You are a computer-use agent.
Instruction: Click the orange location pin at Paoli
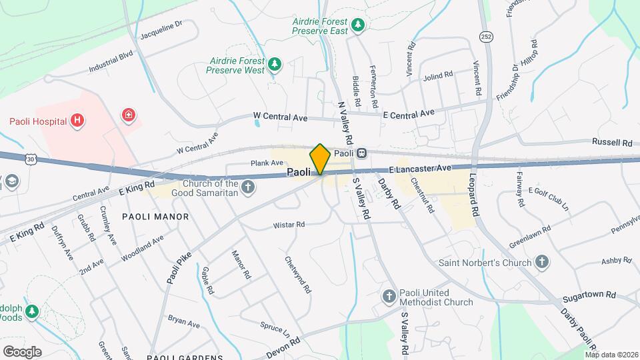tap(320, 159)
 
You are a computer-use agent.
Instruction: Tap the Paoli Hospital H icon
tap(78, 121)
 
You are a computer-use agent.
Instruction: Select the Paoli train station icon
tap(361, 153)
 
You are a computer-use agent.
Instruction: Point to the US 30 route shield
tap(30, 157)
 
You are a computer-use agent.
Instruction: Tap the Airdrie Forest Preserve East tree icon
tap(359, 25)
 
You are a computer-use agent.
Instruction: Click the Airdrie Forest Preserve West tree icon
tap(274, 64)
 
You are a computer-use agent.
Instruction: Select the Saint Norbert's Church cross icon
tap(542, 262)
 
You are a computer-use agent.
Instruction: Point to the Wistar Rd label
tap(289, 225)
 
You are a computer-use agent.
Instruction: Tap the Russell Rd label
tap(612, 143)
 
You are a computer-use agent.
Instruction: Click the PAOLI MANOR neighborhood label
tap(155, 217)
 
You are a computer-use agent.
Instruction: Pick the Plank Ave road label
tap(267, 163)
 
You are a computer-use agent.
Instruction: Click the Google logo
tap(21, 351)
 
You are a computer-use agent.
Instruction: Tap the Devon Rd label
tap(284, 340)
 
